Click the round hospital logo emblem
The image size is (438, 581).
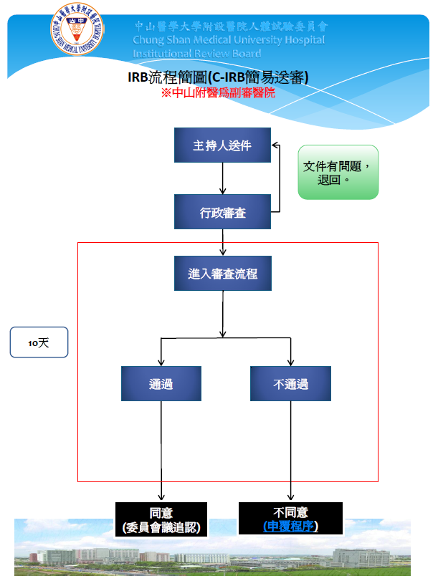point(76,29)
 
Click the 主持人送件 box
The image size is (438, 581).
point(222,145)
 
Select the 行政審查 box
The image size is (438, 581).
point(222,212)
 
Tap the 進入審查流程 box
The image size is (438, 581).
point(222,274)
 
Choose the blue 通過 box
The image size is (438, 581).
point(161,384)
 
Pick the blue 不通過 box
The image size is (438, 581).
point(290,384)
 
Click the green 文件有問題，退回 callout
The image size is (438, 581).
point(338,172)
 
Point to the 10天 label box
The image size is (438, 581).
point(39,342)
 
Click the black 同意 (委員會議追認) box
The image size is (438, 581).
point(161,519)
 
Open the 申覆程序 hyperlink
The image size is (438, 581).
point(290,527)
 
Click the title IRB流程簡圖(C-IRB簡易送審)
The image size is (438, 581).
point(218,77)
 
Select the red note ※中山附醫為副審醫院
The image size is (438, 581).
point(218,93)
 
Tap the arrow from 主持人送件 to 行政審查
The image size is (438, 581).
point(223,178)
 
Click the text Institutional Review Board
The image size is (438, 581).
point(196,53)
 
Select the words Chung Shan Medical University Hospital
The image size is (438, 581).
point(229,39)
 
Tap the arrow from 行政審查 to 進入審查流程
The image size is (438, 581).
point(223,244)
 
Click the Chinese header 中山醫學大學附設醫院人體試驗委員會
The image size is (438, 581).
point(231,26)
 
